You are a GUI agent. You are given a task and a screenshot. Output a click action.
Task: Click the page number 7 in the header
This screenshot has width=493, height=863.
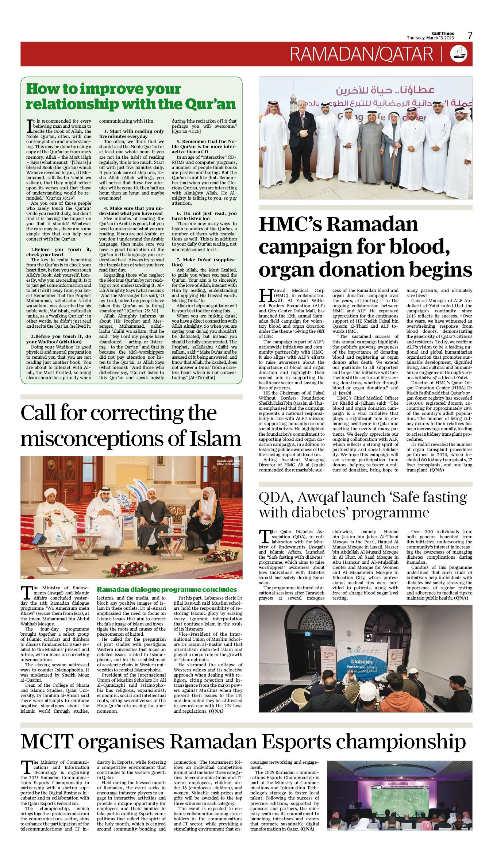coord(470,35)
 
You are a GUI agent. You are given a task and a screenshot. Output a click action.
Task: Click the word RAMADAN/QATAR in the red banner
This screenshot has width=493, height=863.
coord(361,54)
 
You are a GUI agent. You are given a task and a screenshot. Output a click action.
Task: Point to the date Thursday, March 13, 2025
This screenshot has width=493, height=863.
coord(430,38)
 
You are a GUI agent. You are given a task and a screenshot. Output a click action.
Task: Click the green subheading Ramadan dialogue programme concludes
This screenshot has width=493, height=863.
coord(167,590)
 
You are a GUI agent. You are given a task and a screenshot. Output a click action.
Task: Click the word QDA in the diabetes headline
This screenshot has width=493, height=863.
coord(274,497)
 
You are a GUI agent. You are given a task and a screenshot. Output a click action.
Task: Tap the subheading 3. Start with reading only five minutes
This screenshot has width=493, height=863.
coord(131,134)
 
